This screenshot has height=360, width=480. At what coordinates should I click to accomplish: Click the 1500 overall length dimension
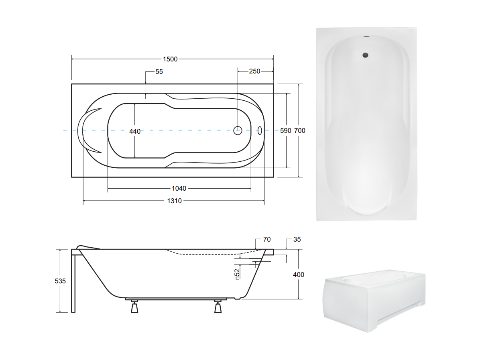(x=170, y=59)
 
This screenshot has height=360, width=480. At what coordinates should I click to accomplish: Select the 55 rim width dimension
(x=159, y=71)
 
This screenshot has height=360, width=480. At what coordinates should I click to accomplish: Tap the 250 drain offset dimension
(x=254, y=71)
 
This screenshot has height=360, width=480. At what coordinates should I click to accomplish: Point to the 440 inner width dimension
(x=135, y=131)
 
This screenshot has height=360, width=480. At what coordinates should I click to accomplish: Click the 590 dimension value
(x=286, y=130)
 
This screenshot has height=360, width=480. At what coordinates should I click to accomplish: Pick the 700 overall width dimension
(x=300, y=130)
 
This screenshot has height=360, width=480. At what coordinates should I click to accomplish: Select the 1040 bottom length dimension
(x=179, y=188)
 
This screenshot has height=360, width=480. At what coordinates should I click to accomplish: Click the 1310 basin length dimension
(x=175, y=201)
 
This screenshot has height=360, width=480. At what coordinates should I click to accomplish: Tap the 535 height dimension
(x=60, y=281)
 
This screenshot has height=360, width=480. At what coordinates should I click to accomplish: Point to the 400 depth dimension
(x=299, y=275)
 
